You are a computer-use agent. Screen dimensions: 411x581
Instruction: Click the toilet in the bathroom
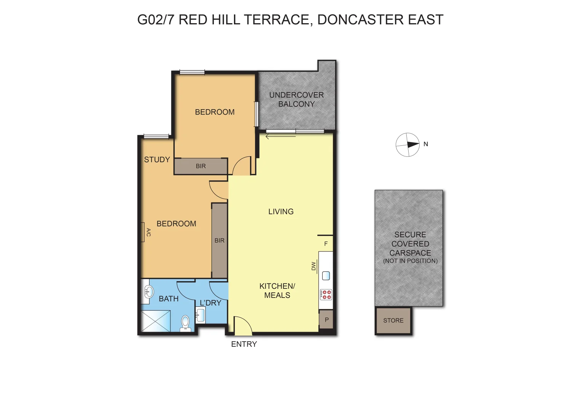[185, 323]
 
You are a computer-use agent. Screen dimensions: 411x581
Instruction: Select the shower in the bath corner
[156, 321]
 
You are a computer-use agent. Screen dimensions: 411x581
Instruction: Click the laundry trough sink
[201, 315]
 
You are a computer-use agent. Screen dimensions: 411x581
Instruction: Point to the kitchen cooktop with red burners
[326, 294]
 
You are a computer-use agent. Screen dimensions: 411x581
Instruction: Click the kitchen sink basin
[326, 276]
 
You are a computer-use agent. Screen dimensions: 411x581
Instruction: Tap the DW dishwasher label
[314, 266]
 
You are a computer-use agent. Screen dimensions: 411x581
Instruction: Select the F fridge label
[326, 244]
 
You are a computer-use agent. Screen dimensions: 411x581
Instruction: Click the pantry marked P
[326, 320]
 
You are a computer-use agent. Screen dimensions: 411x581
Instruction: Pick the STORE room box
[393, 321]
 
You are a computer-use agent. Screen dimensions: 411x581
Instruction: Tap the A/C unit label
[148, 232]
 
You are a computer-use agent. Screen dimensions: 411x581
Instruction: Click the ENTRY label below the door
[244, 344]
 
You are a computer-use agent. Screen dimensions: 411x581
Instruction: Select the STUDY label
[157, 160]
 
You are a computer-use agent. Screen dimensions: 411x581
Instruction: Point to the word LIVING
[281, 212]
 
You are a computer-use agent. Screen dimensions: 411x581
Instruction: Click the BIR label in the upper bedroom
[201, 166]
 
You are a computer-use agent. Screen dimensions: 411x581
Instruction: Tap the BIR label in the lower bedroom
[219, 241]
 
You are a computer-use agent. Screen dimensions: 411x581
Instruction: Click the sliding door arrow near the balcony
[280, 137]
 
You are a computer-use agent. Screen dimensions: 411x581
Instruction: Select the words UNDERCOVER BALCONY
[296, 99]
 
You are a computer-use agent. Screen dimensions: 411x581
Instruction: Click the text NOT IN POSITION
[410, 261]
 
